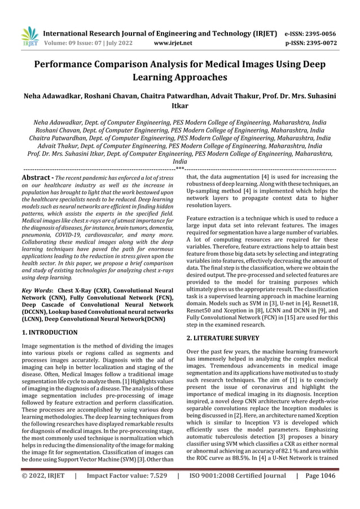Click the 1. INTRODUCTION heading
point(49,332)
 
